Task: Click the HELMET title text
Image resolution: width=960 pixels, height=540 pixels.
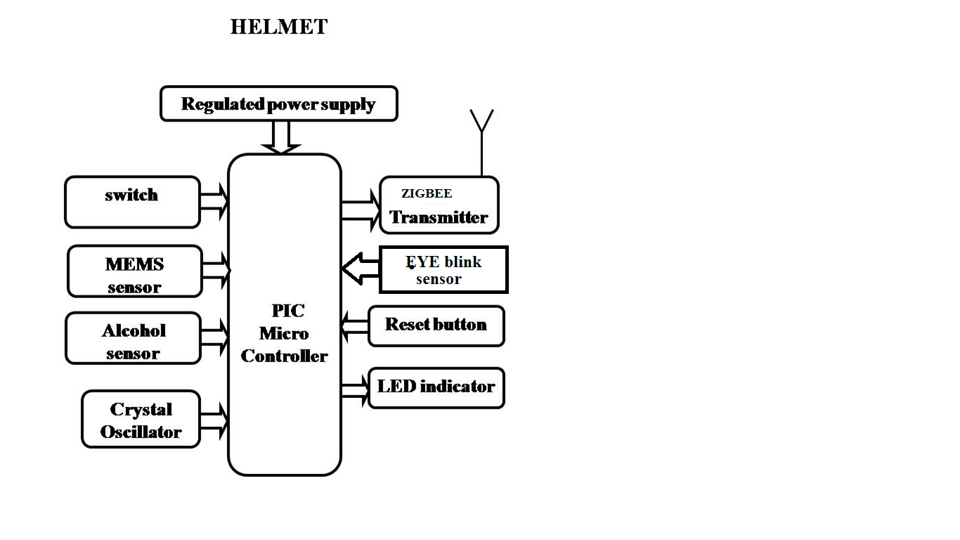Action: click(279, 27)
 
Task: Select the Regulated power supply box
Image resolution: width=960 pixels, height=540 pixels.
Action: click(279, 104)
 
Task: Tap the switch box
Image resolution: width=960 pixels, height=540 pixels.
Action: click(132, 202)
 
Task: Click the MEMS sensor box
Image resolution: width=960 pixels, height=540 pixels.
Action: click(134, 271)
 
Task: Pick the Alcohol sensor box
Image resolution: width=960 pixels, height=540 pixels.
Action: click(134, 338)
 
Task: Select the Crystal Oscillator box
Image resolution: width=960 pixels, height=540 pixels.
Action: click(141, 419)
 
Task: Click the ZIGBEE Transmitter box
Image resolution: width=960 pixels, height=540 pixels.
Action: click(439, 205)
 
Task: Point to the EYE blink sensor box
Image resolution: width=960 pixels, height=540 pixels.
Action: click(443, 269)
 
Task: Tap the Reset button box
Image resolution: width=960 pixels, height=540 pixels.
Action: click(436, 326)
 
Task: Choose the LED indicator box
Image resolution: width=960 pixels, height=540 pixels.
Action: click(436, 387)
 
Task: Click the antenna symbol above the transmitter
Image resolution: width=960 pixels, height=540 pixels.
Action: click(481, 141)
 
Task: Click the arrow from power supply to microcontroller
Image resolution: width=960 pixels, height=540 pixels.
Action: click(280, 137)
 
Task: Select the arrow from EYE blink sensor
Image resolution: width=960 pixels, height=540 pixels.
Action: click(360, 269)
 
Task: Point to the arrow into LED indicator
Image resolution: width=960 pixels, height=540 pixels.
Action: click(355, 389)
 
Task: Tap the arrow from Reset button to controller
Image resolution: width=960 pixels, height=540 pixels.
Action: click(354, 326)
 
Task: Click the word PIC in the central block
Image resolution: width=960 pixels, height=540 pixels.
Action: click(288, 310)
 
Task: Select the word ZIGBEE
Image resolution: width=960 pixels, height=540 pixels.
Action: click(427, 193)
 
